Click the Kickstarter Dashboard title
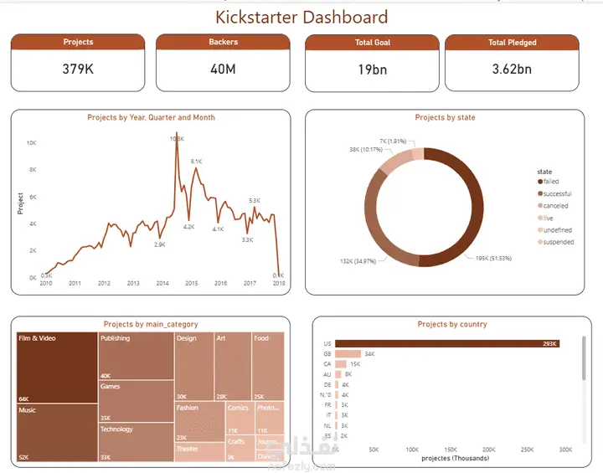click(301, 17)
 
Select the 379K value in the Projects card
click(78, 69)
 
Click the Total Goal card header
click(371, 42)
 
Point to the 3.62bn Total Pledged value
click(512, 69)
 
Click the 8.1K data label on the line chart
click(197, 161)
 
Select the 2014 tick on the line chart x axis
click(162, 284)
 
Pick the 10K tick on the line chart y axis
click(31, 143)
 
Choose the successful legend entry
click(556, 193)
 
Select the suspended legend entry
click(558, 242)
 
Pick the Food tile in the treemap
click(268, 365)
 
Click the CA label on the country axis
click(327, 364)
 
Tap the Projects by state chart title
click(445, 118)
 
